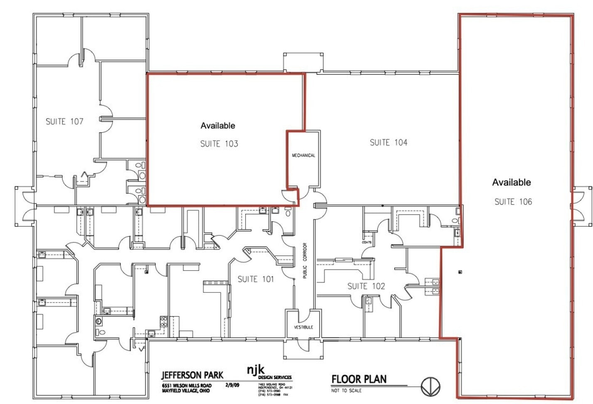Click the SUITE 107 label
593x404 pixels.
click(64, 121)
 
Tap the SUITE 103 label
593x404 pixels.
click(219, 144)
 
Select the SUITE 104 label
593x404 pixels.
click(389, 143)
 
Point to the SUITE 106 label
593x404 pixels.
click(513, 202)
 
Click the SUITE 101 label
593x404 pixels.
click(256, 279)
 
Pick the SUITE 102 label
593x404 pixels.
click(366, 286)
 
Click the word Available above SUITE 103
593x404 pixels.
click(218, 126)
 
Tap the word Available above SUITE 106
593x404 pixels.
click(512, 182)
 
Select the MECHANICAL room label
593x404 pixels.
click(303, 156)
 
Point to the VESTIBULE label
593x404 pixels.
click(303, 327)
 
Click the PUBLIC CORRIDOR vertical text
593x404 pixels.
click(305, 261)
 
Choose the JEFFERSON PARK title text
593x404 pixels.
click(192, 375)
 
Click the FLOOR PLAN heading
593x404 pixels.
click(359, 379)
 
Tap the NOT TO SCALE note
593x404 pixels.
click(346, 391)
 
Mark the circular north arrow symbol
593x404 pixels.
click(430, 387)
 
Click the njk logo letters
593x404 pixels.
click(256, 369)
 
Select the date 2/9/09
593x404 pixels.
click(232, 385)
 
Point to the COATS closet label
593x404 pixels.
click(367, 242)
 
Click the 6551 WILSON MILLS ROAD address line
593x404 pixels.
click(187, 386)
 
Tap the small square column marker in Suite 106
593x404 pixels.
click(460, 272)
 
